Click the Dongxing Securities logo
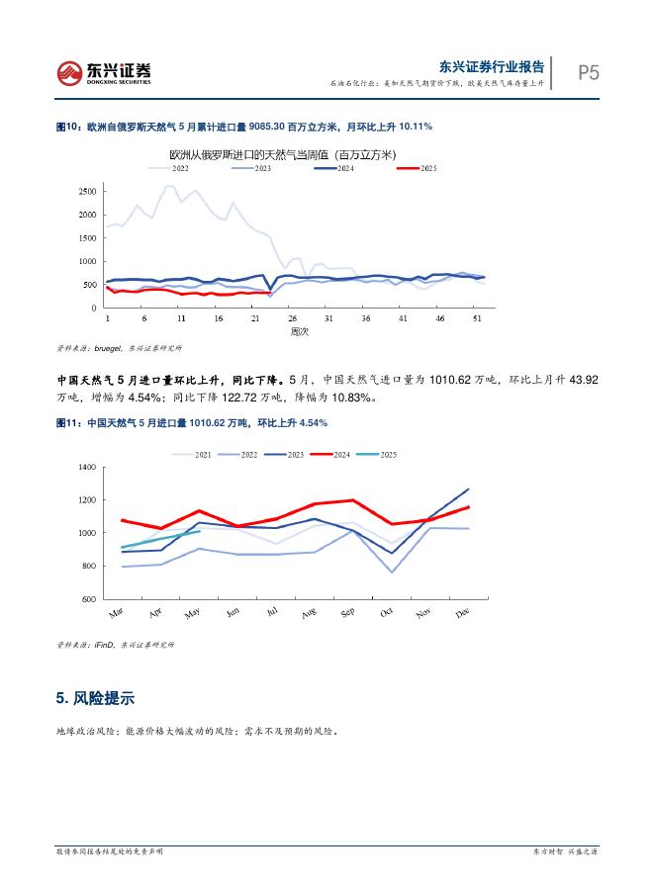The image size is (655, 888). (104, 72)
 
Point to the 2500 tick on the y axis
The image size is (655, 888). (87, 190)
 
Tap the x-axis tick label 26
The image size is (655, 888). (292, 319)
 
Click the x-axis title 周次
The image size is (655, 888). (299, 332)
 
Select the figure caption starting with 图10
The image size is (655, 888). (243, 128)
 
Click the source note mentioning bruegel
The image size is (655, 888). (119, 348)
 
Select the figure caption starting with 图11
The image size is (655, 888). (192, 422)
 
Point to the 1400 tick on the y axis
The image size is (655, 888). (85, 467)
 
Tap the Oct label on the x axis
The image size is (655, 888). (387, 612)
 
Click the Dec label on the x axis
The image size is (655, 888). (463, 612)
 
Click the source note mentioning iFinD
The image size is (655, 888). (115, 645)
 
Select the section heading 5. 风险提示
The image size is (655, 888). (95, 698)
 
